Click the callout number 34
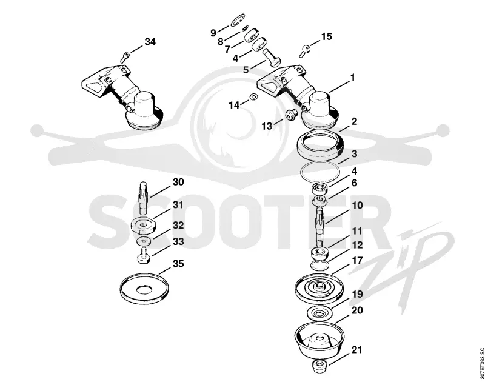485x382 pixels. (150, 42)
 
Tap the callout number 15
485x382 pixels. (326, 36)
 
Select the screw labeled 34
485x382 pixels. (125, 57)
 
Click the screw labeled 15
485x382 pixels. (305, 51)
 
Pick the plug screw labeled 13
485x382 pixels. (290, 115)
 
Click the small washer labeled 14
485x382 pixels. (254, 97)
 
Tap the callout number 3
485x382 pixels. (354, 154)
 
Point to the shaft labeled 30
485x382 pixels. (143, 198)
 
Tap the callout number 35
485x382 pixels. (178, 264)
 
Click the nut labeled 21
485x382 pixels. (319, 367)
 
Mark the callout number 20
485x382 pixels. (357, 310)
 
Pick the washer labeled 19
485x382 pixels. (319, 313)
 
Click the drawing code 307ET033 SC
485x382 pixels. (481, 363)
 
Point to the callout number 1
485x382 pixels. (352, 78)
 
